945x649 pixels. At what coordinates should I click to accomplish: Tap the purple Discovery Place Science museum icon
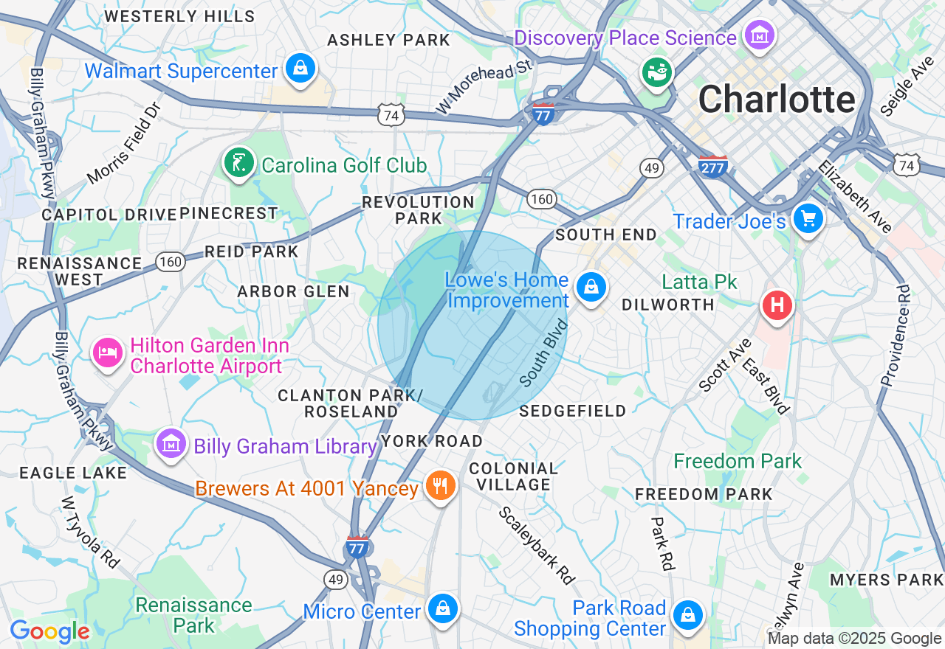(759, 35)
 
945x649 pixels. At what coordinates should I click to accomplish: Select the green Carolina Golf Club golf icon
(238, 163)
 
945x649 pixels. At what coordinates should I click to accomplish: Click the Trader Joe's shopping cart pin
(808, 218)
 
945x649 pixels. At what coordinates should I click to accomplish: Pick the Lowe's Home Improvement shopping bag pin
(591, 288)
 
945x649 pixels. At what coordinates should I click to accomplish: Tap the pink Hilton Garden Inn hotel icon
(108, 353)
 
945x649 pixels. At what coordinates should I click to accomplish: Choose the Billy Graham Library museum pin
(171, 444)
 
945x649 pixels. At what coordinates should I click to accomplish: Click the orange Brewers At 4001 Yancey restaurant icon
(440, 485)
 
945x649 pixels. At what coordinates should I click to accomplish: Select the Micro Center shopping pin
(441, 609)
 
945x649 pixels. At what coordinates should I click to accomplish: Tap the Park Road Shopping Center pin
(688, 614)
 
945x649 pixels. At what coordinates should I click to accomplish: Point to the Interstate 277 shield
(712, 166)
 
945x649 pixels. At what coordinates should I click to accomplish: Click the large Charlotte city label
(776, 99)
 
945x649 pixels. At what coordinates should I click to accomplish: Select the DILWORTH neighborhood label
(667, 305)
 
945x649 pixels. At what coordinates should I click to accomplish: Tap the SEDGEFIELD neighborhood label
(572, 411)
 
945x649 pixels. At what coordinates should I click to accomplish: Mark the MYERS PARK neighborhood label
(886, 580)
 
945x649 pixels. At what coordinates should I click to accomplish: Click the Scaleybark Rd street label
(537, 545)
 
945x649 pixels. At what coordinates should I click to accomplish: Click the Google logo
(50, 632)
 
